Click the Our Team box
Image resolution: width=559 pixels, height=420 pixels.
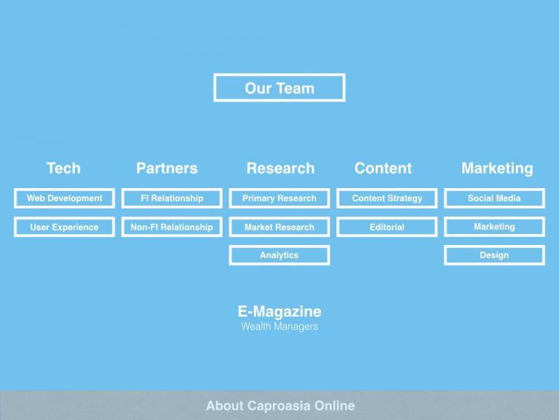tap(279, 87)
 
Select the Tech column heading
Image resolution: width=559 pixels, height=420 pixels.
tap(63, 168)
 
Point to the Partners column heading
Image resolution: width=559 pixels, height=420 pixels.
tap(167, 168)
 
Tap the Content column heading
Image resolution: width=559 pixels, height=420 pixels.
tap(383, 168)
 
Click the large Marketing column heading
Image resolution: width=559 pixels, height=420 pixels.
tap(497, 168)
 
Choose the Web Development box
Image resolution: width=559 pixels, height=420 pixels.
tap(65, 198)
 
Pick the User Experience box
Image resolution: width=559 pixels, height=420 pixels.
tap(65, 227)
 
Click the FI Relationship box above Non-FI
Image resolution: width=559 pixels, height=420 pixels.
tap(172, 198)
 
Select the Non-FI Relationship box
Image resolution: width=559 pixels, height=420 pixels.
tap(172, 227)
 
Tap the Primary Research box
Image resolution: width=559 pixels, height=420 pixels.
tap(279, 198)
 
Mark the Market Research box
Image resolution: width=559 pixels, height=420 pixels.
tap(279, 227)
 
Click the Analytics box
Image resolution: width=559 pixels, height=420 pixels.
tap(279, 255)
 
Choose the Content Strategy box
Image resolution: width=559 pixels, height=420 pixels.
tap(386, 198)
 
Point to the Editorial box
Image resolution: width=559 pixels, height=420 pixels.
tap(386, 227)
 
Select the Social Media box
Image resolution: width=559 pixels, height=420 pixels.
tap(494, 198)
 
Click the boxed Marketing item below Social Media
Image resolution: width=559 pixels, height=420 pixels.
tap(494, 227)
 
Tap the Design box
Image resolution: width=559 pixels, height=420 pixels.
tap(494, 255)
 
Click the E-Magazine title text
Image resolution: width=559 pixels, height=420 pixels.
tap(279, 311)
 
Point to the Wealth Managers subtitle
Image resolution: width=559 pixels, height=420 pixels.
tap(279, 327)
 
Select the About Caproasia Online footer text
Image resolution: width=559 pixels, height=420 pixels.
tap(280, 405)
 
